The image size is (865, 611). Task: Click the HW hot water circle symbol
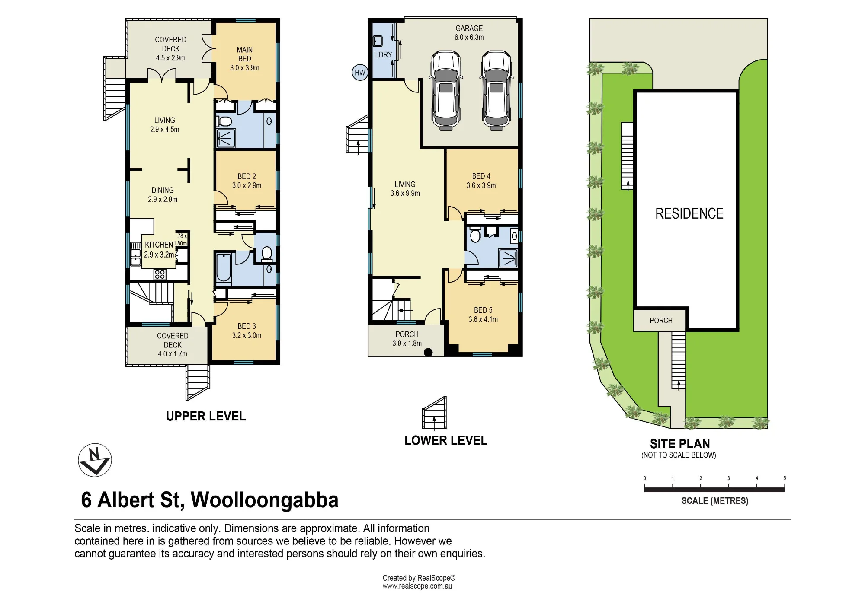click(x=360, y=72)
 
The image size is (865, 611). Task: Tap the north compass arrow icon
click(x=95, y=460)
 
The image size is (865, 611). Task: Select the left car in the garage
click(x=446, y=90)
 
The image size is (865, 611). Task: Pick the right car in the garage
click(x=497, y=90)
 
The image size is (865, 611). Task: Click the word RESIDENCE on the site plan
click(x=689, y=213)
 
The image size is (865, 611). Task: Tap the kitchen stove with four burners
click(x=160, y=274)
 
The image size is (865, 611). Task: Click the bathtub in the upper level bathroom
click(x=224, y=268)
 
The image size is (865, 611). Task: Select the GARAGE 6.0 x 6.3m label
click(x=469, y=33)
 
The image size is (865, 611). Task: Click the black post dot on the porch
click(x=428, y=352)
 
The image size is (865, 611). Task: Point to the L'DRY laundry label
click(x=383, y=55)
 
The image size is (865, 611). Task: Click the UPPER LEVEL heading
click(x=206, y=416)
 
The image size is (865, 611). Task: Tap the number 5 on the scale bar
click(x=785, y=478)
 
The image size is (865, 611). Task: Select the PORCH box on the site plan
click(x=660, y=320)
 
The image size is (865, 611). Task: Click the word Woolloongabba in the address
click(x=265, y=500)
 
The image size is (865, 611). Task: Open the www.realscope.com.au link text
click(x=417, y=586)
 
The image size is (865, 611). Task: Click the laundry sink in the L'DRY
click(x=378, y=41)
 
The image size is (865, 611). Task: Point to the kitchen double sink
click(x=136, y=254)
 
